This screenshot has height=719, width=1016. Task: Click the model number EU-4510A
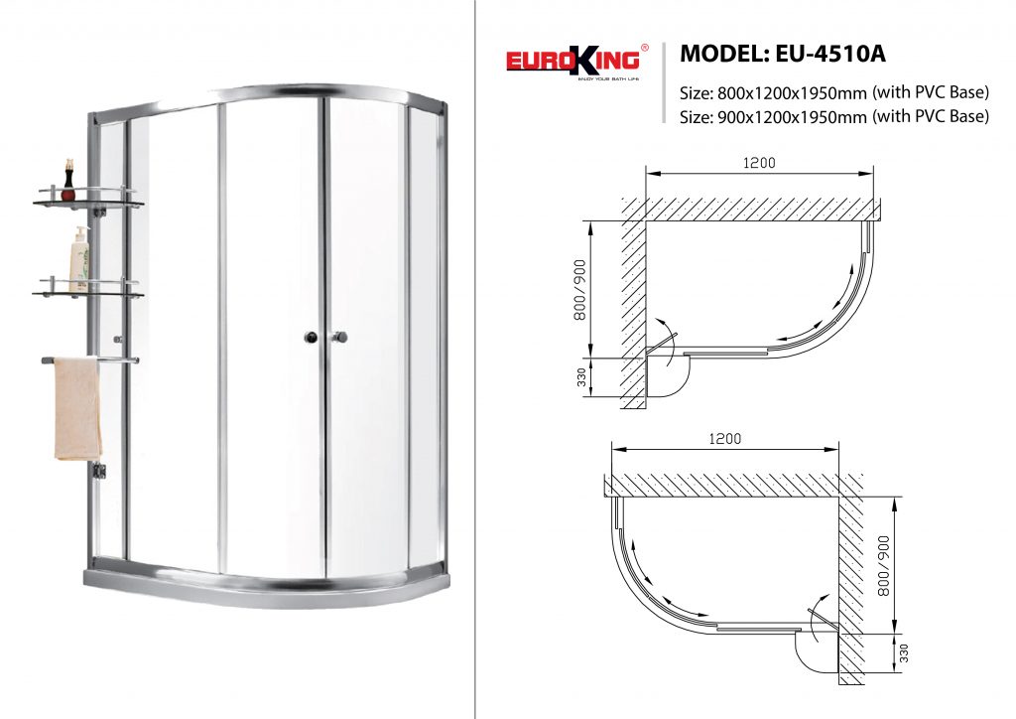pos(830,54)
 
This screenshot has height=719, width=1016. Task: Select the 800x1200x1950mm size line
pos(834,92)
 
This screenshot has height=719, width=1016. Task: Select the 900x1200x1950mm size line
pos(834,116)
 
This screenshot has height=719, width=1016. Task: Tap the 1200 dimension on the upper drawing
pos(759,163)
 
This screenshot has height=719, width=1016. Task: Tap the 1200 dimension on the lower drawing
pos(725,439)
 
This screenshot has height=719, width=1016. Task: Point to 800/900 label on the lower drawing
pos(883,565)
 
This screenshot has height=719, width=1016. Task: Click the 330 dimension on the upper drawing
pos(581,377)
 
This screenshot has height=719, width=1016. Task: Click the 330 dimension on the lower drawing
pos(904,652)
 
